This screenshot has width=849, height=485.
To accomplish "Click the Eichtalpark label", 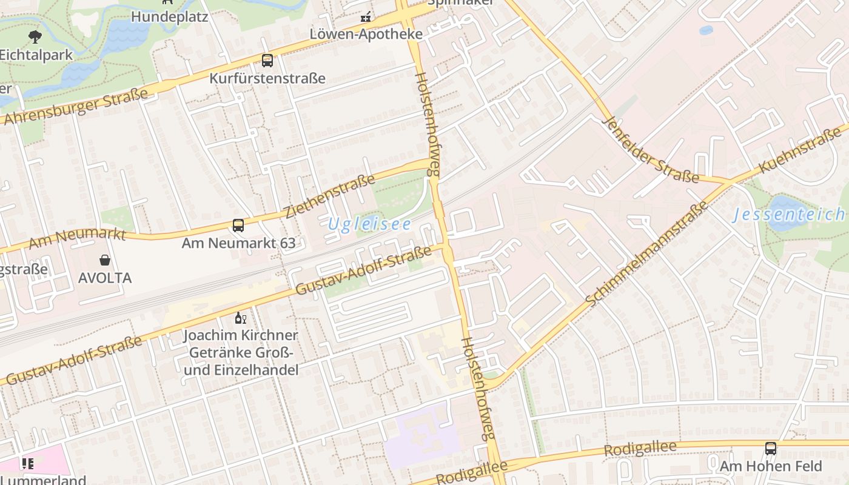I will [36, 55].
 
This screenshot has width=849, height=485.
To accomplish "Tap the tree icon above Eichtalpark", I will [35, 36].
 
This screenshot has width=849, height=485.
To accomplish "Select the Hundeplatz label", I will [169, 16].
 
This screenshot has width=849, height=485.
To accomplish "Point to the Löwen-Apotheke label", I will [366, 34].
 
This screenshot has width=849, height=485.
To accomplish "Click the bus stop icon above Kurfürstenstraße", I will [267, 61].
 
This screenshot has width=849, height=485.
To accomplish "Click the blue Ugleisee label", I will [369, 224].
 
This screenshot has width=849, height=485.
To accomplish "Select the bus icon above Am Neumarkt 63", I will [238, 226].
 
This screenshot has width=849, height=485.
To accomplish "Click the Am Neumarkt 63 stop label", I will [238, 243].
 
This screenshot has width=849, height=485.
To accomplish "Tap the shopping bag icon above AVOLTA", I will [105, 260].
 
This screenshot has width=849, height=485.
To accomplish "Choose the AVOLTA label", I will [105, 278].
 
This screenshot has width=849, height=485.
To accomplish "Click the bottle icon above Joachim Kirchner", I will [241, 318].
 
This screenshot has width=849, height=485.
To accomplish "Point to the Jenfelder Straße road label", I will [651, 150].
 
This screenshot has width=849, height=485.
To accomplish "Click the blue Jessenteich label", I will [788, 214].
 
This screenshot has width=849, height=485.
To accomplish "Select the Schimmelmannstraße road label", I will [647, 253].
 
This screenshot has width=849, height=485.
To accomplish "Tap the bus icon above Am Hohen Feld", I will [770, 449].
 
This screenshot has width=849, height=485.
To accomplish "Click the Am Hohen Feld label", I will [770, 466].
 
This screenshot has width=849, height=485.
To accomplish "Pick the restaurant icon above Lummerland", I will [28, 464].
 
